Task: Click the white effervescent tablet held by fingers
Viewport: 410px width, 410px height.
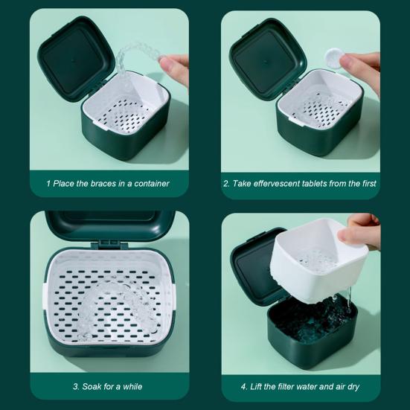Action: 333,57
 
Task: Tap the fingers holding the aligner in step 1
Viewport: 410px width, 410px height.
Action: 177,65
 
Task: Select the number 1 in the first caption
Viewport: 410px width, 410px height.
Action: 48,183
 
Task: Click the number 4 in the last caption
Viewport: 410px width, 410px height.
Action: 243,386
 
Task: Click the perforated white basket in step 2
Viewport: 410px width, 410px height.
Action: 320,112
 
